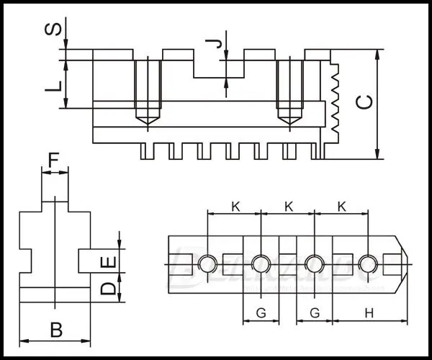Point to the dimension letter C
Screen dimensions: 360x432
[366, 104]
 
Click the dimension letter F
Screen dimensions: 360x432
[55, 159]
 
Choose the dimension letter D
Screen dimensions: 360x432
[107, 289]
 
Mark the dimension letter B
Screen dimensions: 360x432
[55, 330]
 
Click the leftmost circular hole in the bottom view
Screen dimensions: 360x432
[207, 264]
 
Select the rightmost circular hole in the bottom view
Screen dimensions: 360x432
[368, 264]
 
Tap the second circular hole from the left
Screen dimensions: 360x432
[261, 264]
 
